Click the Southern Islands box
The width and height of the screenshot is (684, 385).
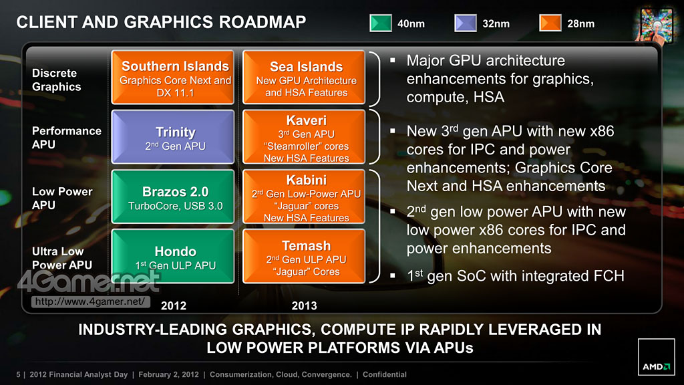tap(173, 78)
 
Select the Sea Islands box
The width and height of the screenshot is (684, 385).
tap(304, 78)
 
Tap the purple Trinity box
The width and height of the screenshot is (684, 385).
tap(173, 136)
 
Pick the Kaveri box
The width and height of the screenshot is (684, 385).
tap(304, 136)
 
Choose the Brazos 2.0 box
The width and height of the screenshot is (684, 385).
tap(173, 197)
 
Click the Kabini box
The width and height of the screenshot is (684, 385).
tap(304, 197)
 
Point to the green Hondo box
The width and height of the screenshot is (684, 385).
tap(173, 256)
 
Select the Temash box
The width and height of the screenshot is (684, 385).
tap(304, 256)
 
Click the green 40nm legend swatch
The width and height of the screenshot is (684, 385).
tap(380, 23)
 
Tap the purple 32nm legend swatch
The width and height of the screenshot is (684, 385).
tap(466, 23)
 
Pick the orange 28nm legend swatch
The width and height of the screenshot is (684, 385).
tap(550, 23)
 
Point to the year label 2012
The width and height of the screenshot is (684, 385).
tap(174, 305)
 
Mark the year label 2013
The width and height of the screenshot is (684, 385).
tap(304, 305)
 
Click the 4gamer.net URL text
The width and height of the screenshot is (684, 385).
tap(90, 301)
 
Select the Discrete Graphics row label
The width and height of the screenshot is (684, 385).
tap(57, 80)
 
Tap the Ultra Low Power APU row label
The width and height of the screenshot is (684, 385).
tap(62, 258)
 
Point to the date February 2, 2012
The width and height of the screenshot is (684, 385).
tap(168, 374)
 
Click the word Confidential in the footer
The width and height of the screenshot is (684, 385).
tap(385, 374)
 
